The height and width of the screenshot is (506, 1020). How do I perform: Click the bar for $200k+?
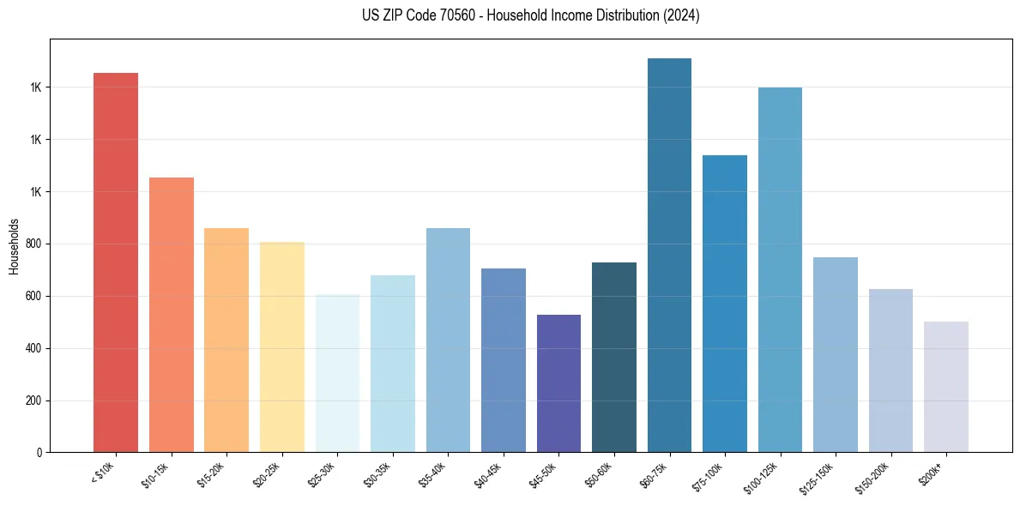946,387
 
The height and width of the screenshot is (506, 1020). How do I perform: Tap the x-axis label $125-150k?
821,474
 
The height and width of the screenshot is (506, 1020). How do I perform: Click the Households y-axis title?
14,246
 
